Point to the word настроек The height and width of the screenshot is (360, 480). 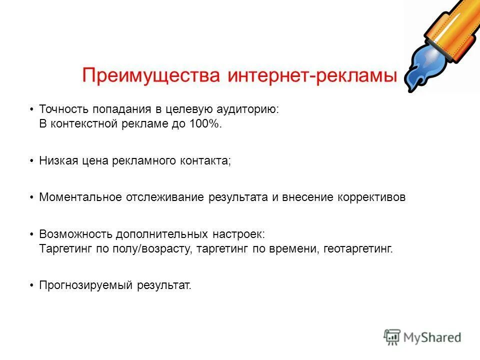pos(242,234)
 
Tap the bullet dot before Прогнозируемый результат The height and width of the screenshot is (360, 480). pos(31,285)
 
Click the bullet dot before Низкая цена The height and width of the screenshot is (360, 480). pos(31,160)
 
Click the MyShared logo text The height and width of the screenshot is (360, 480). pos(433,337)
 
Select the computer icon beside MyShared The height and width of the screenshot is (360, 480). pos(392,337)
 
